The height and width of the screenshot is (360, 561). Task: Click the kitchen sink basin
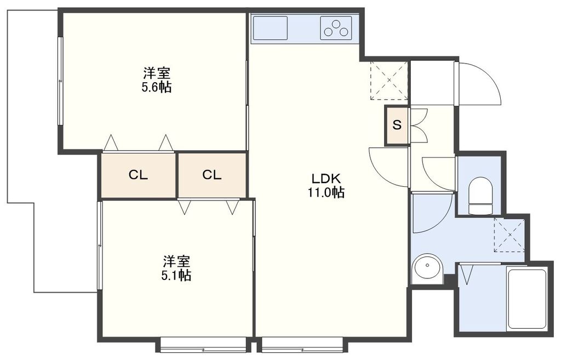click(270, 27)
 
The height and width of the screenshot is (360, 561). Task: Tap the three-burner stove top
click(336, 27)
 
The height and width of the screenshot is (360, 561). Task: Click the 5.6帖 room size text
click(157, 87)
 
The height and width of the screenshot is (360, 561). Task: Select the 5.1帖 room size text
click(176, 276)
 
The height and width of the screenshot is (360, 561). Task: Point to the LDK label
click(327, 178)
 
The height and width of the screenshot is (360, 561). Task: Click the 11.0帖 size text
click(327, 192)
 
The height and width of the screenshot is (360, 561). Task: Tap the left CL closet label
click(138, 175)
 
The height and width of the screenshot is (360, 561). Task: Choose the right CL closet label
click(211, 175)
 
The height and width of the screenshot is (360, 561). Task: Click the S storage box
click(397, 125)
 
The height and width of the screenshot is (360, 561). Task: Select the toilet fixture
click(481, 195)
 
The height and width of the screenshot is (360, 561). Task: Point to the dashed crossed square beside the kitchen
click(390, 81)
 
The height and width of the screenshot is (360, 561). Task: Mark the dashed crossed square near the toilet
click(509, 235)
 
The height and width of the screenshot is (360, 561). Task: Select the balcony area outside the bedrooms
click(33, 148)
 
